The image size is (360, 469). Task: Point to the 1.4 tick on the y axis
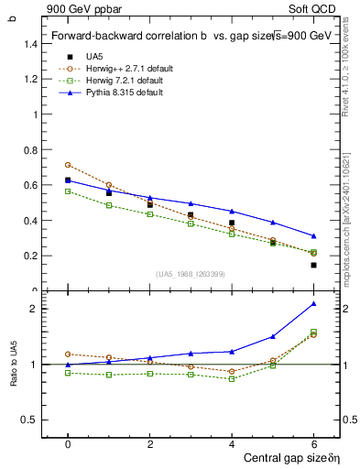pyautogui.click(x=28, y=44)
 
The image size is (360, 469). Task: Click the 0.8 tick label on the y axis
pyautogui.click(x=28, y=150)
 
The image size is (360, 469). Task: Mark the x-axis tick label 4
pyautogui.click(x=232, y=443)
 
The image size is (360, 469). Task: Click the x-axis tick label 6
pyautogui.click(x=313, y=443)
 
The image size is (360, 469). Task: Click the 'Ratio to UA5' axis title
pyautogui.click(x=13, y=365)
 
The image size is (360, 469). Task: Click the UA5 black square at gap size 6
pyautogui.click(x=313, y=266)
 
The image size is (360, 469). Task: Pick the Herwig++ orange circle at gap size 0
pyautogui.click(x=68, y=165)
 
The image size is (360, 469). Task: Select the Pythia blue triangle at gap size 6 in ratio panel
pyautogui.click(x=313, y=303)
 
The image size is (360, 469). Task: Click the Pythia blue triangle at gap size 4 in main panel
pyautogui.click(x=232, y=212)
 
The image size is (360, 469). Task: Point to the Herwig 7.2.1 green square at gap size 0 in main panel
pyautogui.click(x=68, y=191)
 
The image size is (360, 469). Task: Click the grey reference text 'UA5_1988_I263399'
pyautogui.click(x=191, y=274)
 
